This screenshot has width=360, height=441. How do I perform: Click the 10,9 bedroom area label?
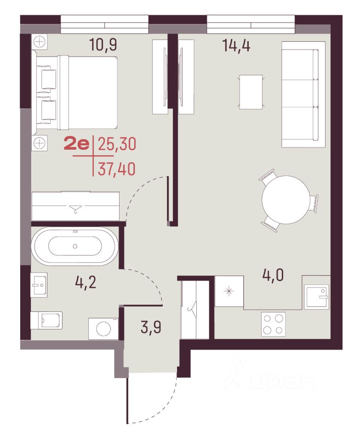coord(103,45)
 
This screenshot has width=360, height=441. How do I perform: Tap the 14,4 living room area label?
coord(236,45)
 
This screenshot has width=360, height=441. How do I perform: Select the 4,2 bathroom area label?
coord(86,283)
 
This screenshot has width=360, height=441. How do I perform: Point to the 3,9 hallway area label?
coord(151,328)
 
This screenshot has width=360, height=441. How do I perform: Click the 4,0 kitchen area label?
coord(273,275)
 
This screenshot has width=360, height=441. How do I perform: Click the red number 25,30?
coord(117,144)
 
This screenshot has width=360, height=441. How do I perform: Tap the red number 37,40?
coord(116,169)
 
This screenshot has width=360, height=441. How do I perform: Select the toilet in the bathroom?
coord(46,320)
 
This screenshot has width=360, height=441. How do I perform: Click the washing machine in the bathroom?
coord(103,328)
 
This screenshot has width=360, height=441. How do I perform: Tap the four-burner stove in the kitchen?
coord(273,324)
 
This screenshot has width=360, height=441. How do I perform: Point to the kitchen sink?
coord(317,297)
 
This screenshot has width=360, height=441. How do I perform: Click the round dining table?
coord(286,200)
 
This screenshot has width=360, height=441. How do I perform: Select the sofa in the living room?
coord(303,95)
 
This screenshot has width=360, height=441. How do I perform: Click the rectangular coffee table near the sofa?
coord(251,92)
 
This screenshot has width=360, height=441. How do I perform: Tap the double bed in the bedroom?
coord(75,92)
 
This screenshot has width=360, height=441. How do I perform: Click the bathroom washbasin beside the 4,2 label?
coord(39,285)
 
